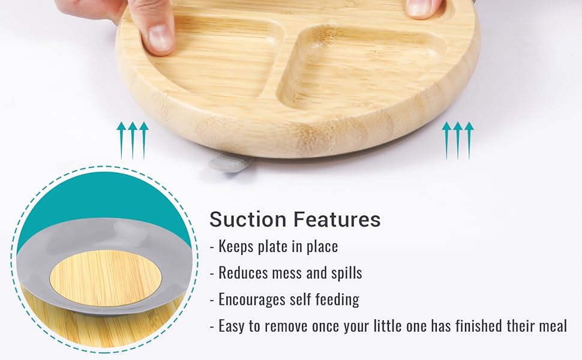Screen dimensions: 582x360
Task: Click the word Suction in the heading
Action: tap(248, 219)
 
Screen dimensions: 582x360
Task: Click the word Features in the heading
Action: tap(337, 219)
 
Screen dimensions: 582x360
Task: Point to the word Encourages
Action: tap(252, 300)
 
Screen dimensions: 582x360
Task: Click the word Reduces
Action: tap(243, 273)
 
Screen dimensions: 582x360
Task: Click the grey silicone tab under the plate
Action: tap(228, 163)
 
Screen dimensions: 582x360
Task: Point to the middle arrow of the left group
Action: tap(133, 140)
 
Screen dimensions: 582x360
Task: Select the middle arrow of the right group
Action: tap(458, 140)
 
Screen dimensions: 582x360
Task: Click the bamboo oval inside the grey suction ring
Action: tap(106, 278)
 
